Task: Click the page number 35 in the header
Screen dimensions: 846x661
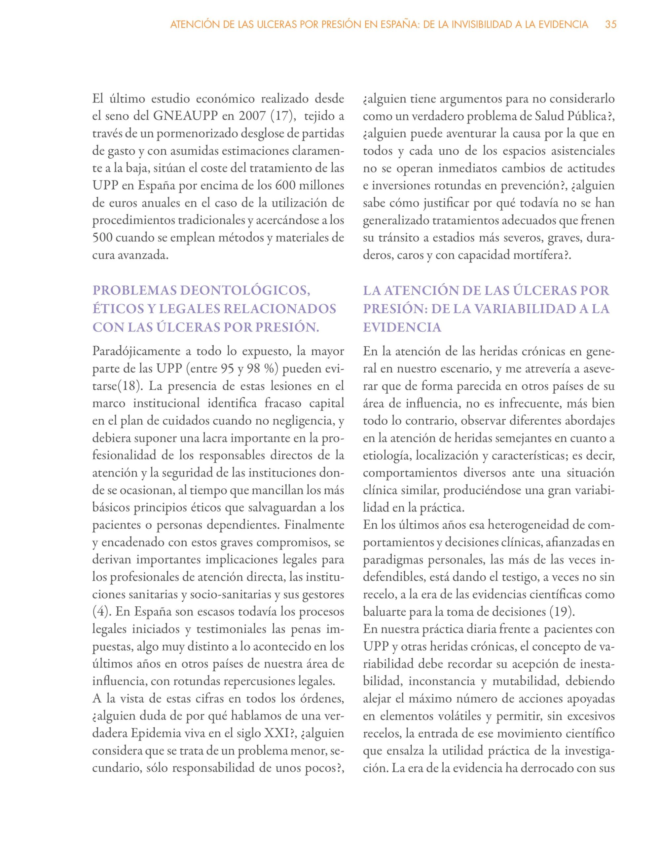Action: [x=611, y=25]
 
